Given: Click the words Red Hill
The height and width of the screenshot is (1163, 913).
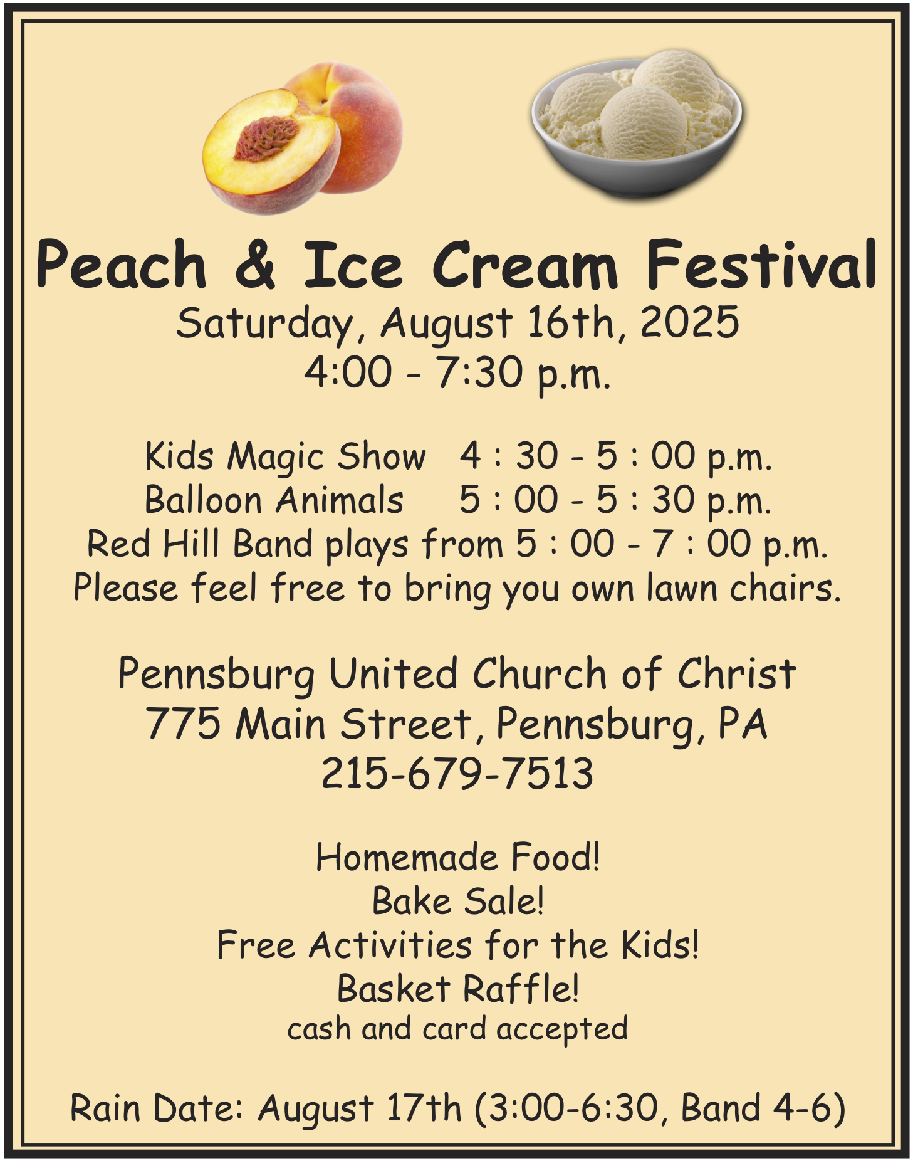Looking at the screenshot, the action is tap(153, 544).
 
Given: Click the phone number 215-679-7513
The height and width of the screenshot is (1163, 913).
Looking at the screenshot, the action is tap(457, 773).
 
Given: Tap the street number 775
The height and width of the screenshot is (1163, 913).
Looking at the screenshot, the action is tap(184, 724).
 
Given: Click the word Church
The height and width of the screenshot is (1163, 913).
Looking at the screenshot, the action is tap(540, 674).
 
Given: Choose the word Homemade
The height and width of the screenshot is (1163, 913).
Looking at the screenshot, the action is tap(407, 857).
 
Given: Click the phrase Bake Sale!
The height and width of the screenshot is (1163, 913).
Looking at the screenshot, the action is tap(458, 901).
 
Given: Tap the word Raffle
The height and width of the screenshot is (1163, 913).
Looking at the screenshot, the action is tap(521, 989).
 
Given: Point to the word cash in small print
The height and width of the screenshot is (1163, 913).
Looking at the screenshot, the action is tap(319, 1029).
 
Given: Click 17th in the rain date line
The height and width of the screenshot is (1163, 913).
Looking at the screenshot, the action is tap(424, 1108).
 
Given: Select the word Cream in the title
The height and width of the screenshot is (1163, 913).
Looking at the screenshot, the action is tap(524, 265).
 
